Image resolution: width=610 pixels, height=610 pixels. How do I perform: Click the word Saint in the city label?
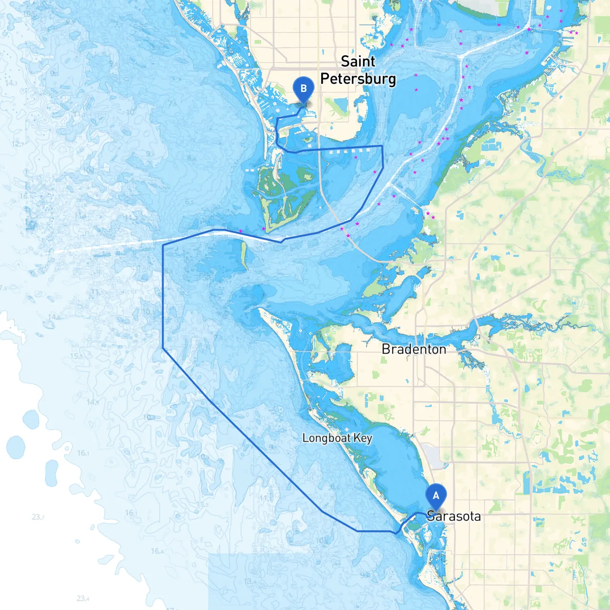[358, 61]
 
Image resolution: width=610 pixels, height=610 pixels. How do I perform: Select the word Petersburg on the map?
[358, 79]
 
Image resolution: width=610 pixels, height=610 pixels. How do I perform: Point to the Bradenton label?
[414, 349]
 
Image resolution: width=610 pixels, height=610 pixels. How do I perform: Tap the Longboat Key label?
[337, 438]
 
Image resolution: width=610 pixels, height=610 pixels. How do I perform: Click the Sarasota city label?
[454, 516]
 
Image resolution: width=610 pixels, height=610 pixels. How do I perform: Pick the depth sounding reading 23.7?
[38, 517]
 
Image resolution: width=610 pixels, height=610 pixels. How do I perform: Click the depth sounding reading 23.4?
[83, 598]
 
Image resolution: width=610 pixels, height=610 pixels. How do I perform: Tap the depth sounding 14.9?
[92, 402]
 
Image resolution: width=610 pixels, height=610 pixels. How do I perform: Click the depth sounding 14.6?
[54, 317]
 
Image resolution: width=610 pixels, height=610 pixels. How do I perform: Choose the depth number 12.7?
[17, 144]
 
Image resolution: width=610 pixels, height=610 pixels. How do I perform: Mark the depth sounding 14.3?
[11, 83]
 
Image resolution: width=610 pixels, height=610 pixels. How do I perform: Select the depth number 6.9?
[189, 203]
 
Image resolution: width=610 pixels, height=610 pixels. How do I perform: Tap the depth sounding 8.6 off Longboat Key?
[335, 487]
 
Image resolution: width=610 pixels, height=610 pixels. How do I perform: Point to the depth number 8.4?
[191, 159]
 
